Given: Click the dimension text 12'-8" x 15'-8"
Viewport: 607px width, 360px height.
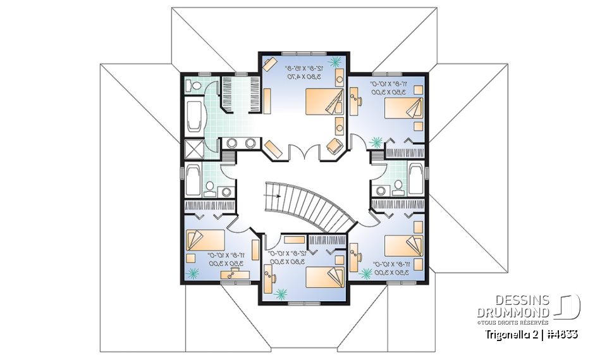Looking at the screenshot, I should click(x=303, y=68).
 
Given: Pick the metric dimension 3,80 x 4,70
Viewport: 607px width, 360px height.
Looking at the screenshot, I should click(x=303, y=77).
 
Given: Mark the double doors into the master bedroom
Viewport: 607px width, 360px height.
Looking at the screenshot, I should click(x=303, y=154).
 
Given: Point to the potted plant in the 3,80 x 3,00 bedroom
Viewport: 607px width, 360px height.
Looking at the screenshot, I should click(x=281, y=294).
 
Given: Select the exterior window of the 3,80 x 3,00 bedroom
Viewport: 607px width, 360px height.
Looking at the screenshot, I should click(x=303, y=302).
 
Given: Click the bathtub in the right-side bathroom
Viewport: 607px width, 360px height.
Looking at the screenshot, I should click(x=417, y=179).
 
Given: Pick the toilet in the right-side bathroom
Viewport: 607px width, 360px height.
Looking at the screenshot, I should click(x=398, y=186).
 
